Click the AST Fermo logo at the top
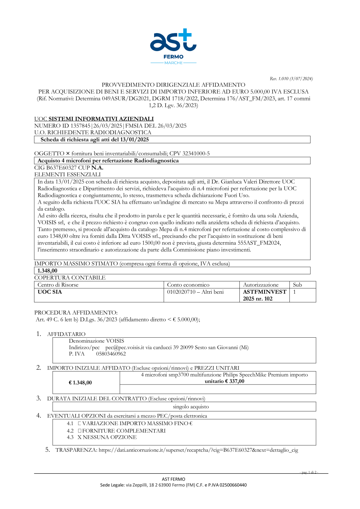(173, 46)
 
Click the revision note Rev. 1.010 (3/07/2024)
(291, 78)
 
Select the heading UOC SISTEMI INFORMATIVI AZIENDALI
(94, 119)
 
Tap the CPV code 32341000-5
(196, 153)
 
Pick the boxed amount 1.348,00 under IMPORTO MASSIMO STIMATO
(48, 271)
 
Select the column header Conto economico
(188, 285)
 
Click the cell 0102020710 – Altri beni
(195, 292)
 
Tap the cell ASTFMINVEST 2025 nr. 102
(264, 295)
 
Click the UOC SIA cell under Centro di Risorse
(50, 292)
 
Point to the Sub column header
(297, 285)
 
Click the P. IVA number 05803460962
(111, 354)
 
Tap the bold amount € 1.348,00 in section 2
(80, 383)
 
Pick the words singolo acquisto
(191, 407)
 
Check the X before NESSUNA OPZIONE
(80, 437)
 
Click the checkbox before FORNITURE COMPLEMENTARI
(80, 431)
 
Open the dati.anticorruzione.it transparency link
(198, 450)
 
